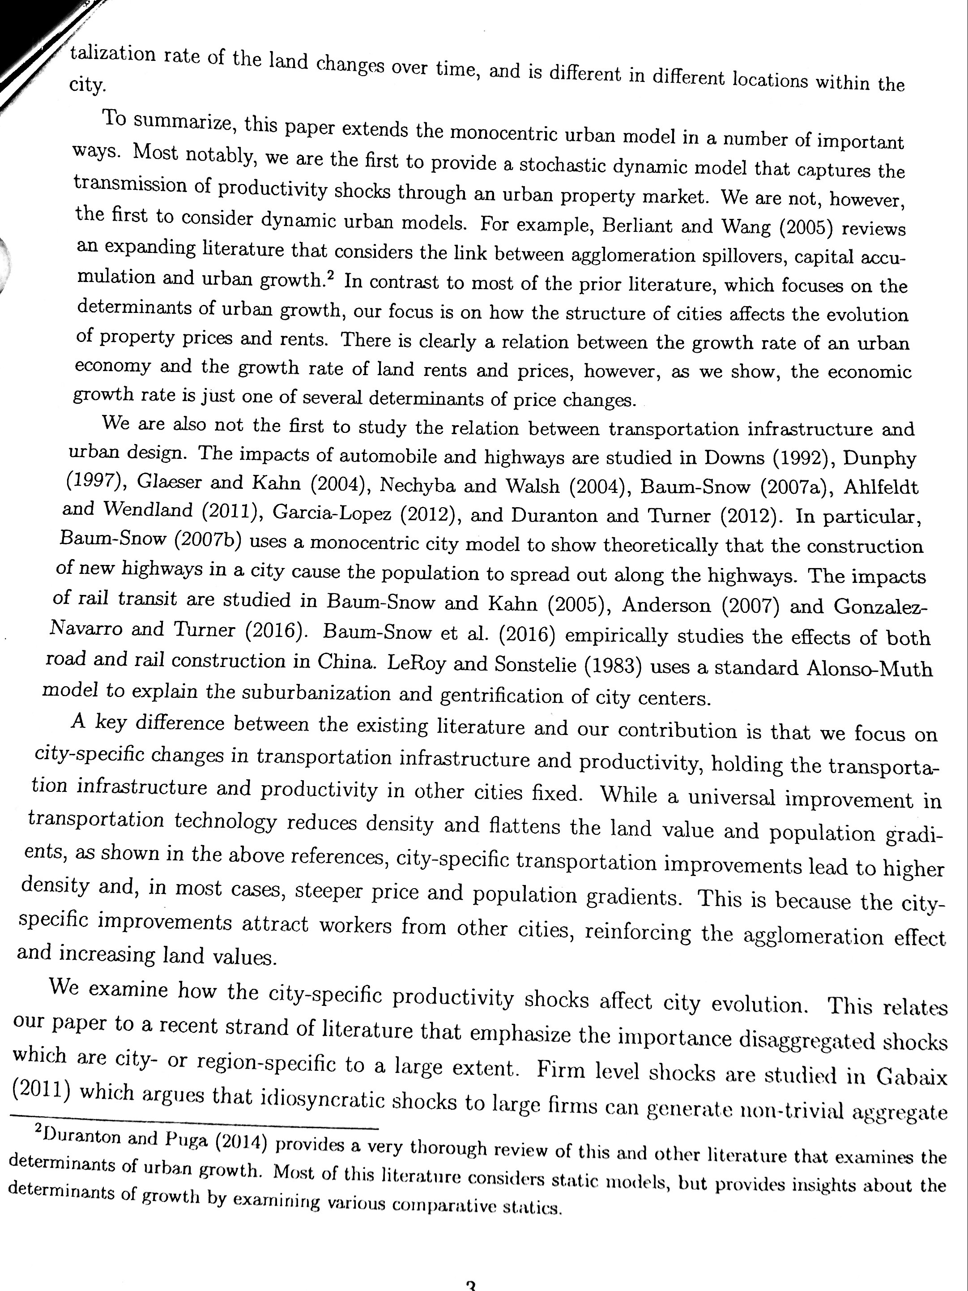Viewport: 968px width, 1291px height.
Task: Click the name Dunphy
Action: click(880, 459)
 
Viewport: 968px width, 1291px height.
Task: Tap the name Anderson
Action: click(666, 605)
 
